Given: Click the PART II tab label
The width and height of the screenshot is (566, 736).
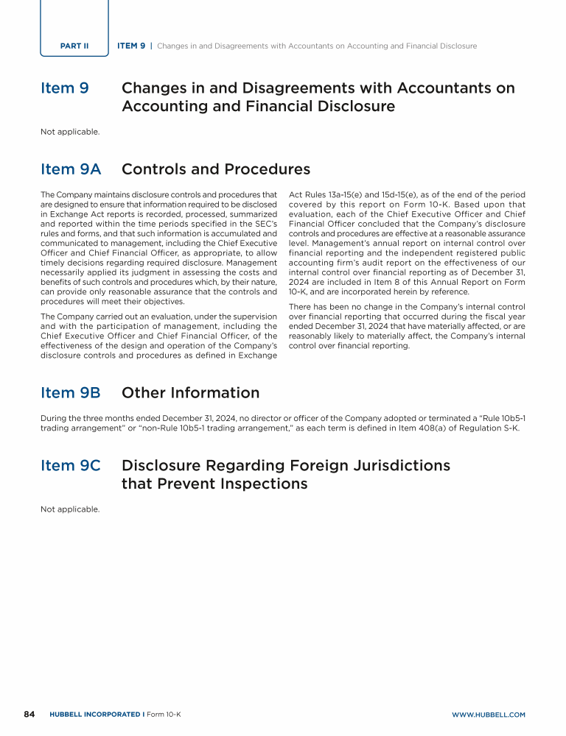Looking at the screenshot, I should [74, 46].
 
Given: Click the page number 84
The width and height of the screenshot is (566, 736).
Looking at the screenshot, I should [29, 714].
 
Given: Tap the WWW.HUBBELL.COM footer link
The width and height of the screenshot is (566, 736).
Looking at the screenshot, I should [488, 715].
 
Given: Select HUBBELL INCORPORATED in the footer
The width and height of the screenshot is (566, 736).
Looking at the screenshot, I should [95, 715].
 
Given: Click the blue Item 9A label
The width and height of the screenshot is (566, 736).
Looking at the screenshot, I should [71, 169].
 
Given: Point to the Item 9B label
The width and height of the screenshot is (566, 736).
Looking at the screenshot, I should [71, 393].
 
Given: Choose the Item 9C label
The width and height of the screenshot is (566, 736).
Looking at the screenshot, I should [71, 466].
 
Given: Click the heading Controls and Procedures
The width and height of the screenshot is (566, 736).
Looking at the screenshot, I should [215, 169].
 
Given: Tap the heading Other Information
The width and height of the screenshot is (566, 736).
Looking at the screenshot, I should [190, 393].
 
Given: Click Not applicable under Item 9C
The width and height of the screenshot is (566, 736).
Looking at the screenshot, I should [70, 509].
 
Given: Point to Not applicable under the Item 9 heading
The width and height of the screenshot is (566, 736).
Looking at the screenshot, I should [70, 132].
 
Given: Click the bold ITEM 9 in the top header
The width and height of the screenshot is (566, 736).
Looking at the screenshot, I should [131, 46].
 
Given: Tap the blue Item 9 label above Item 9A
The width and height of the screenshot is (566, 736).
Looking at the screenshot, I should [65, 88].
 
